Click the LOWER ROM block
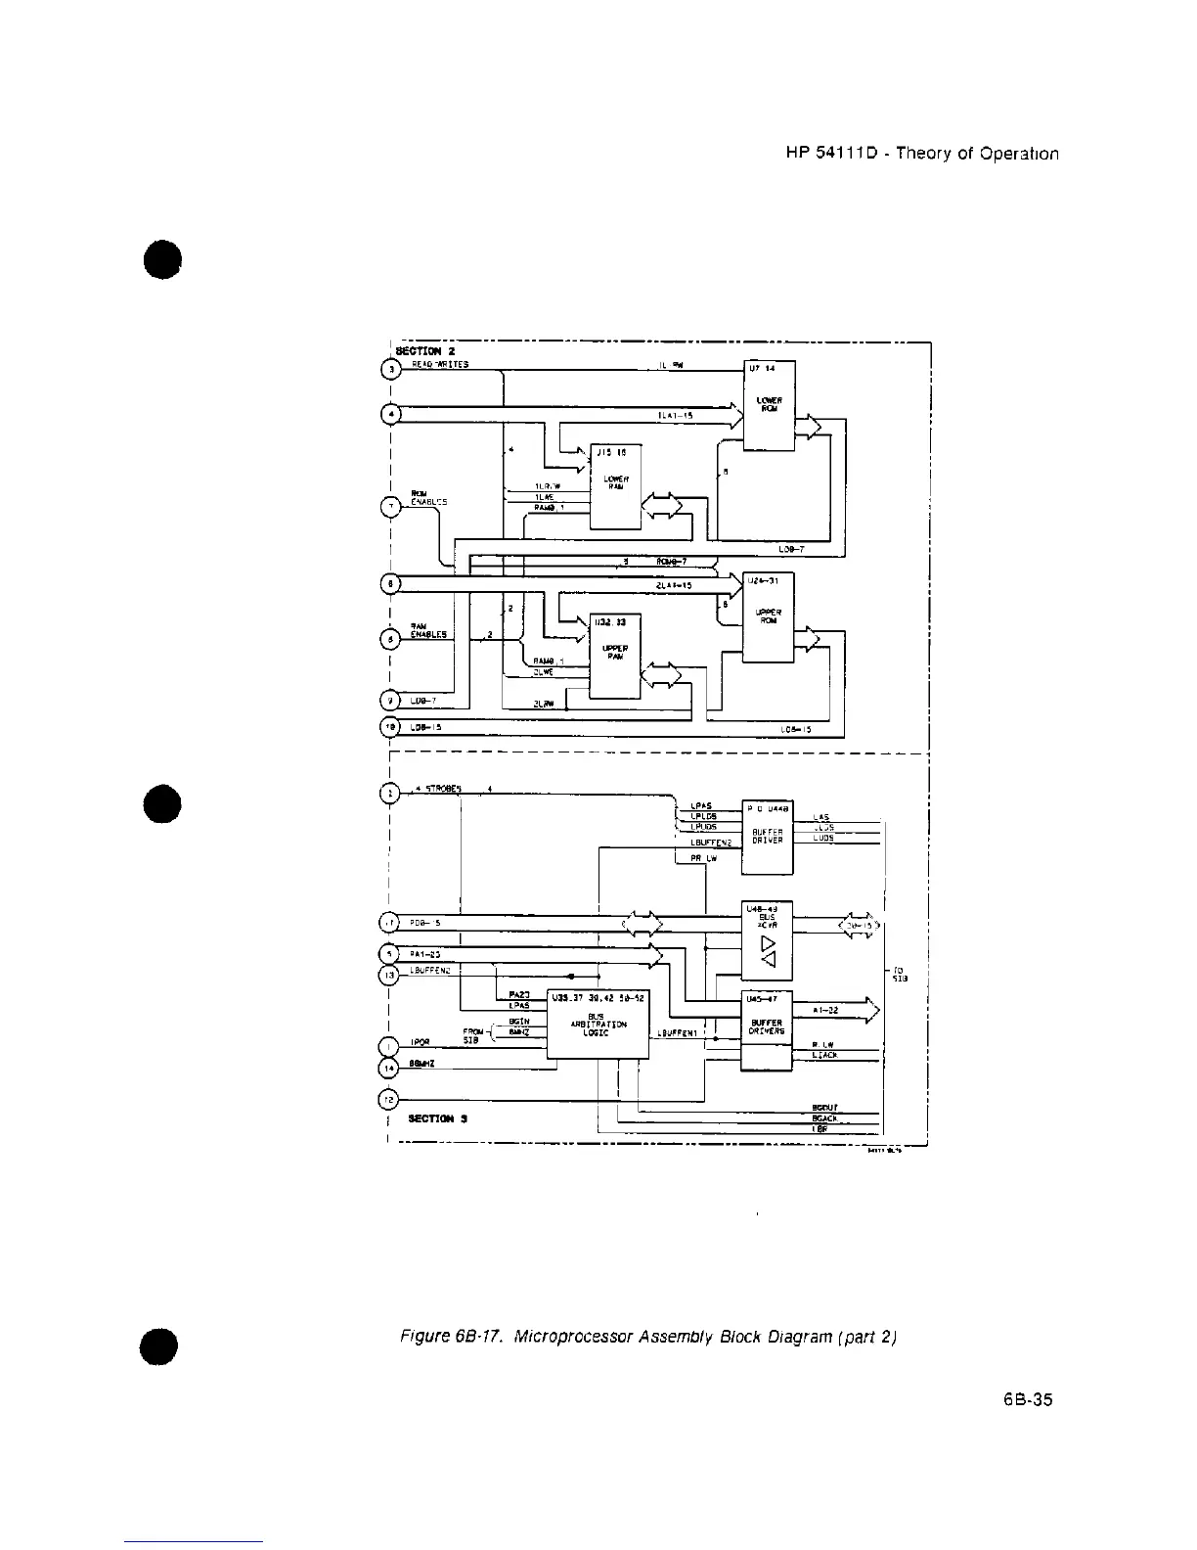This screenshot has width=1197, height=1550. pos(769,405)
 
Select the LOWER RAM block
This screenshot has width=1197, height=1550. pos(614,486)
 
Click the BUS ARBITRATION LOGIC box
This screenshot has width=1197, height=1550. pos(597,1025)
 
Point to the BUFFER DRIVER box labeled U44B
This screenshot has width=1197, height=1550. pos(767,837)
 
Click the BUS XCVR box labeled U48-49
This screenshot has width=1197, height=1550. pos(767,940)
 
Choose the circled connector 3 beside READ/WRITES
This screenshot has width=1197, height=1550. pos(389,368)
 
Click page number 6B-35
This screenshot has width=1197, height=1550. pos(1028,1399)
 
